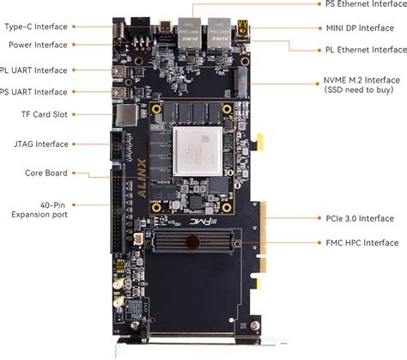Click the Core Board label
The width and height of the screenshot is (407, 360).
(46, 173)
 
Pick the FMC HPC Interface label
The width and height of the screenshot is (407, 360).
(357, 242)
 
